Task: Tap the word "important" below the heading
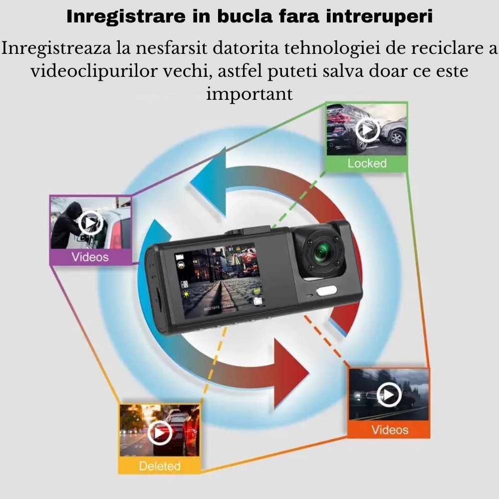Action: coord(249,94)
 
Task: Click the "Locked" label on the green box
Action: coord(367,163)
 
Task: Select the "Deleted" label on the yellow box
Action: coord(160,466)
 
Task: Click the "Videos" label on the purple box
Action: coord(90,257)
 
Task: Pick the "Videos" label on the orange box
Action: coord(390,430)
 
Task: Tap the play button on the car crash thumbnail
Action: coord(367,130)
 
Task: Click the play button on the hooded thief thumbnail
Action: coord(90,223)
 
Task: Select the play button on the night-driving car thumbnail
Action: coord(389,395)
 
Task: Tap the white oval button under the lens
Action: coord(326,291)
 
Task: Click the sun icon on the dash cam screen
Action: coord(186,294)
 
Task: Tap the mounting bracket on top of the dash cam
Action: coord(248,230)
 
